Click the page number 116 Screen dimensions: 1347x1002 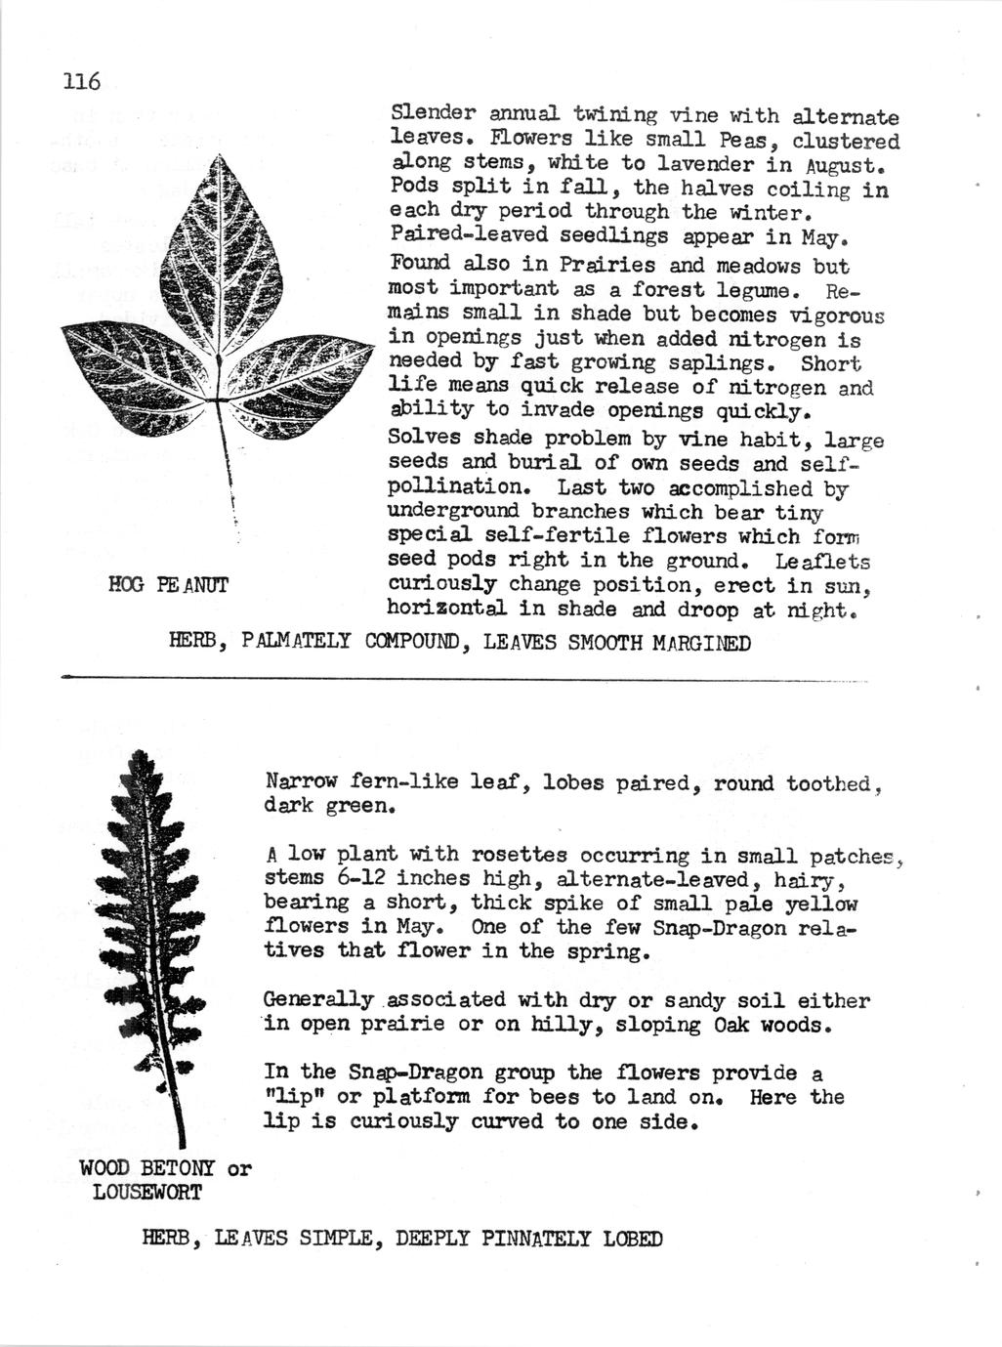[81, 82]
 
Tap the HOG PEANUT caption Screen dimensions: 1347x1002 [168, 585]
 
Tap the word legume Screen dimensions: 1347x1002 [759, 290]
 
